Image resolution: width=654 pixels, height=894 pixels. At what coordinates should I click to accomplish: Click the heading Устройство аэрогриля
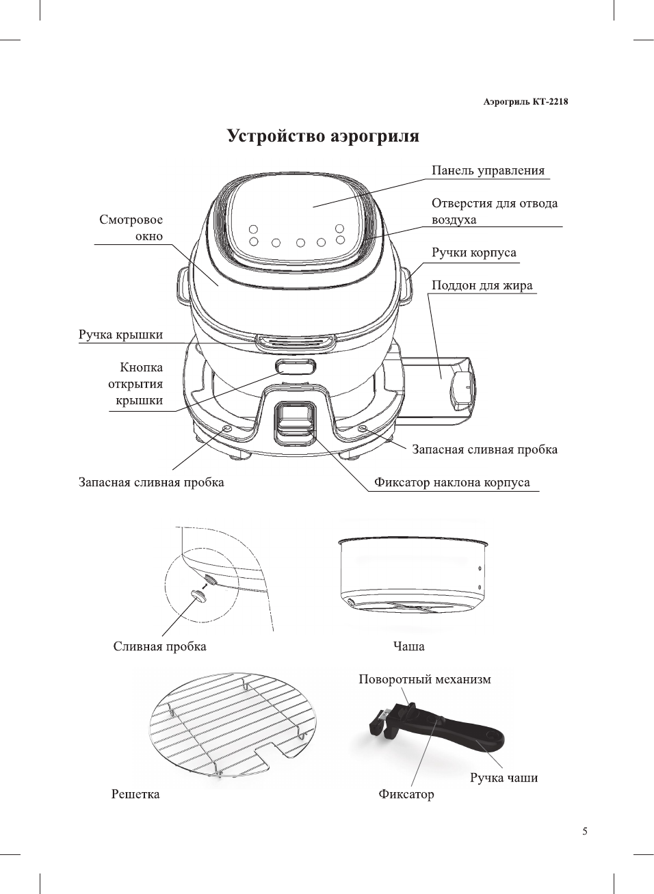click(x=323, y=136)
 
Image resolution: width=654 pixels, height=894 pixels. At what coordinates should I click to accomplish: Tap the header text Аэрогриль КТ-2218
click(x=525, y=102)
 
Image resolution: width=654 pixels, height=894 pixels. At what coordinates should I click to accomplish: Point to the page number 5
click(x=584, y=831)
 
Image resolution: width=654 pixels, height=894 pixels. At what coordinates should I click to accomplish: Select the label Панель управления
click(x=488, y=171)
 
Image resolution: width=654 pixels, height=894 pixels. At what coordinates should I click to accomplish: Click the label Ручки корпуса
click(x=473, y=253)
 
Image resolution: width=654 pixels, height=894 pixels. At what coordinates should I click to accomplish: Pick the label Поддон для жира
click(x=482, y=286)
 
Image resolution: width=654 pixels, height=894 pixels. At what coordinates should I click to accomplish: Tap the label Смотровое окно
click(x=131, y=228)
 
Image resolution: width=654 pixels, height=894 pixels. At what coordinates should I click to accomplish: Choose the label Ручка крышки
click(x=120, y=334)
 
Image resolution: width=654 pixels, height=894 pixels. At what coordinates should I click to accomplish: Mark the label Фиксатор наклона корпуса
click(x=452, y=482)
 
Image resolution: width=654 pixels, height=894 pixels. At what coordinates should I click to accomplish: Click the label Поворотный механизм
click(x=425, y=679)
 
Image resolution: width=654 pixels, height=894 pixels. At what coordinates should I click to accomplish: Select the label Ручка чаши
click(x=503, y=778)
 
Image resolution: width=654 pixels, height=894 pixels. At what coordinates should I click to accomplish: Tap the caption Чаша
click(x=408, y=646)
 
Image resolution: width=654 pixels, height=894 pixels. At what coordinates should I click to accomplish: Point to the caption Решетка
click(x=135, y=794)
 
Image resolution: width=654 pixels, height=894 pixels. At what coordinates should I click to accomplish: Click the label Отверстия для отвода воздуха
click(x=494, y=211)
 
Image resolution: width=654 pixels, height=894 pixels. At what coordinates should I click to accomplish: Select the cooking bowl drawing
click(x=415, y=575)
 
